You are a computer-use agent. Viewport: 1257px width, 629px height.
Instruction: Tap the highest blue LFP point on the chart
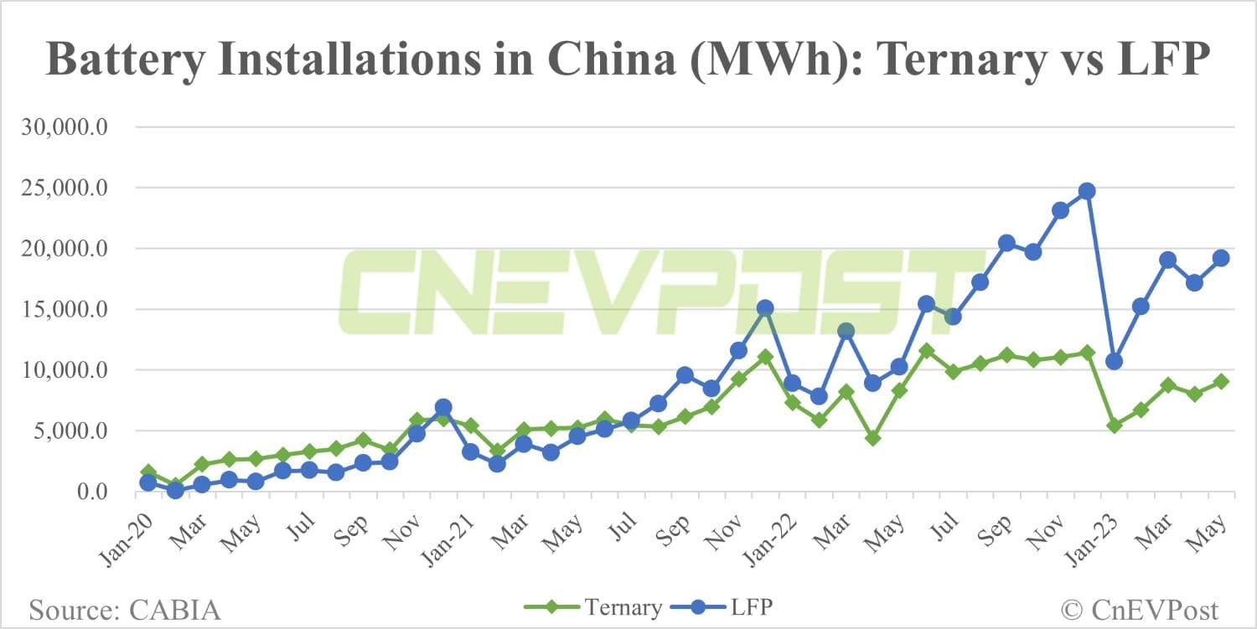(x=1087, y=191)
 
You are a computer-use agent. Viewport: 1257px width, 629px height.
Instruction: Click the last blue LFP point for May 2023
(x=1221, y=258)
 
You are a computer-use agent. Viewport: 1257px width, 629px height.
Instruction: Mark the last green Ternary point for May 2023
(x=1221, y=381)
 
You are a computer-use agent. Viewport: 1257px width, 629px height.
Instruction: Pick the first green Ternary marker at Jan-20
(x=148, y=472)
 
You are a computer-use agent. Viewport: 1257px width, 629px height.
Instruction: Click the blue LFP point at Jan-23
(x=1114, y=361)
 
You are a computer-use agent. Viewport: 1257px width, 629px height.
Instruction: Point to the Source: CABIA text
(x=126, y=609)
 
